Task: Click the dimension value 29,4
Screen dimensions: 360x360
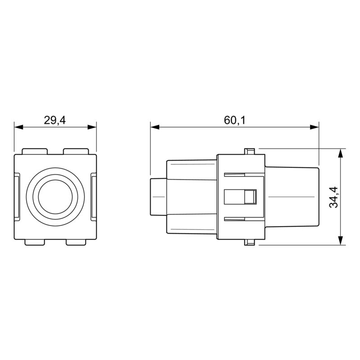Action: point(55,120)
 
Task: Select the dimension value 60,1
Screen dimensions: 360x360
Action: point(234,120)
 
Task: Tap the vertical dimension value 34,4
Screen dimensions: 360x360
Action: point(333,197)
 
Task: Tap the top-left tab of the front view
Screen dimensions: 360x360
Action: point(35,151)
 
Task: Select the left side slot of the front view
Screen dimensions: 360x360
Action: point(17,197)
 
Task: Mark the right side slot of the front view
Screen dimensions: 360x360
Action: point(94,197)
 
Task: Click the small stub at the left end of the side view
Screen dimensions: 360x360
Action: point(157,197)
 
